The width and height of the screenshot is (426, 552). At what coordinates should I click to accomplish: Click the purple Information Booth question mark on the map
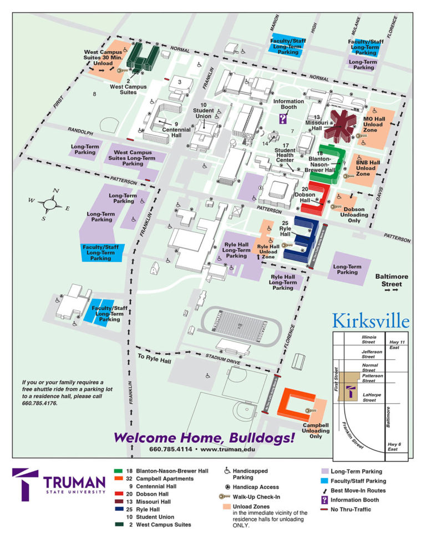[283, 118]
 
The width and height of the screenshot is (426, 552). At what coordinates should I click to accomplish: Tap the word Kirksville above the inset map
[371, 322]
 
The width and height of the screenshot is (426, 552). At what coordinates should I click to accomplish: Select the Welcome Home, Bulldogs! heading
[204, 438]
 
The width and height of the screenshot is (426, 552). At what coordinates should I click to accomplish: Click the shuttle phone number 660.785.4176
[39, 403]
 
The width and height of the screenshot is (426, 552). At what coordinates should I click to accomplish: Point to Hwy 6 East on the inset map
[393, 446]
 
